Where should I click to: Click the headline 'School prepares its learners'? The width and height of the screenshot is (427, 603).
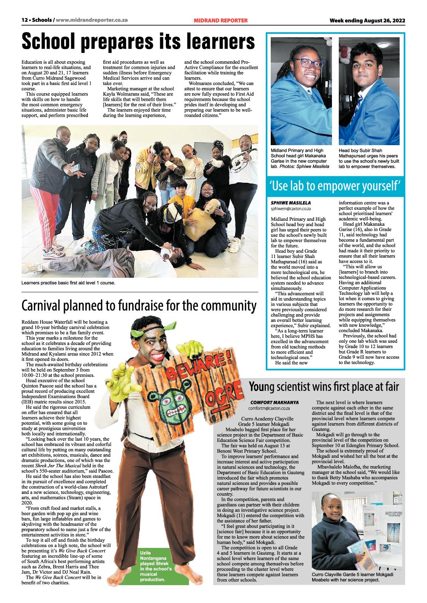tap(138, 41)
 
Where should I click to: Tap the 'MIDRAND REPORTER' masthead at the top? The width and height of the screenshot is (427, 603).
tap(221, 21)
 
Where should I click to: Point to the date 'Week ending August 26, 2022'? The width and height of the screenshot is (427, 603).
tap(367, 21)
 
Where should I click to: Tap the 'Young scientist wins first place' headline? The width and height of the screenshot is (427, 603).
tap(324, 387)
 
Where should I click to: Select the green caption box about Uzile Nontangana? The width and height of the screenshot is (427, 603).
tap(157, 566)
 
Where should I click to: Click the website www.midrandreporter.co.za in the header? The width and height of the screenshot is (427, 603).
tap(97, 21)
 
